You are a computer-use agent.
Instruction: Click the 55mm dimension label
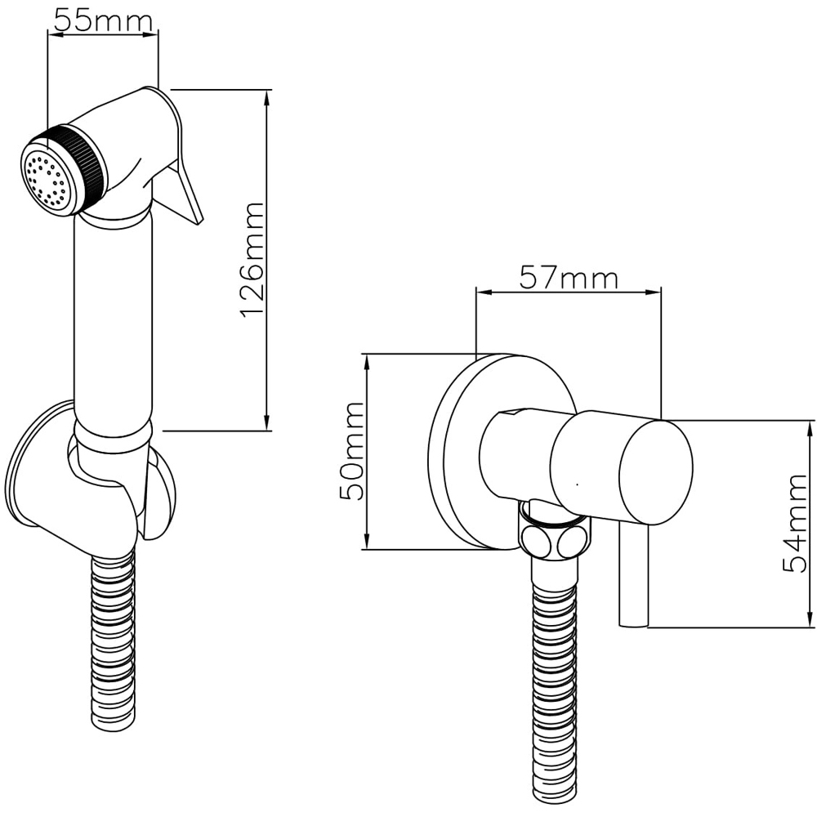[102, 20]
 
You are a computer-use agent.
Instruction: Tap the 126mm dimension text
[253, 260]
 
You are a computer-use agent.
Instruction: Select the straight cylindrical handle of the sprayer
[113, 319]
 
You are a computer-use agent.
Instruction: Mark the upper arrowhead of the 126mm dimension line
[267, 96]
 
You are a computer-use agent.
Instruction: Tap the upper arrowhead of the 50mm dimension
[366, 359]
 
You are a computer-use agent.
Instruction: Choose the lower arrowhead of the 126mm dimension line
[267, 424]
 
